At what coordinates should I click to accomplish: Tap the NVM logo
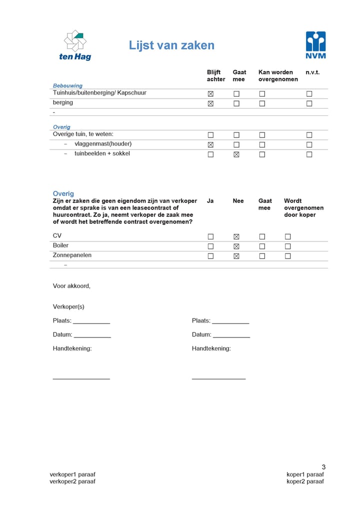point(315,45)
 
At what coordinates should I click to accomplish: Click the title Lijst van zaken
point(171,45)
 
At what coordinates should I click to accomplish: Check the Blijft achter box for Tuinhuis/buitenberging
point(210,94)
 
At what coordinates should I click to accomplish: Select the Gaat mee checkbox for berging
point(236,103)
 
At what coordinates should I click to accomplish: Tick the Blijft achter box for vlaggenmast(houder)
point(210,145)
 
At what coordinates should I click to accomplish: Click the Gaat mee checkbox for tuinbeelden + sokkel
point(236,154)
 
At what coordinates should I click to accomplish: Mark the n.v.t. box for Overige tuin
point(309,135)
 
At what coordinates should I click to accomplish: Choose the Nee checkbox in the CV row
point(236,236)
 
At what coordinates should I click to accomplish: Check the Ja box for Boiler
point(210,246)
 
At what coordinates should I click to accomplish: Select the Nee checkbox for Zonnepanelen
point(236,256)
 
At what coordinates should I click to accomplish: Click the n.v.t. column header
point(312,72)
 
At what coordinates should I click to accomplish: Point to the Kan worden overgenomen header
point(278,76)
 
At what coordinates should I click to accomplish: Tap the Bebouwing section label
point(68,85)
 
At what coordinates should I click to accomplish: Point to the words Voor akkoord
point(71,286)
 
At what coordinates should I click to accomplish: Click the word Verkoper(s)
point(68,306)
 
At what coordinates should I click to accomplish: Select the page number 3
point(323,467)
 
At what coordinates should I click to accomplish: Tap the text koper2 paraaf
point(305,481)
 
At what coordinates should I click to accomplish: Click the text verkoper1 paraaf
point(72,474)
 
